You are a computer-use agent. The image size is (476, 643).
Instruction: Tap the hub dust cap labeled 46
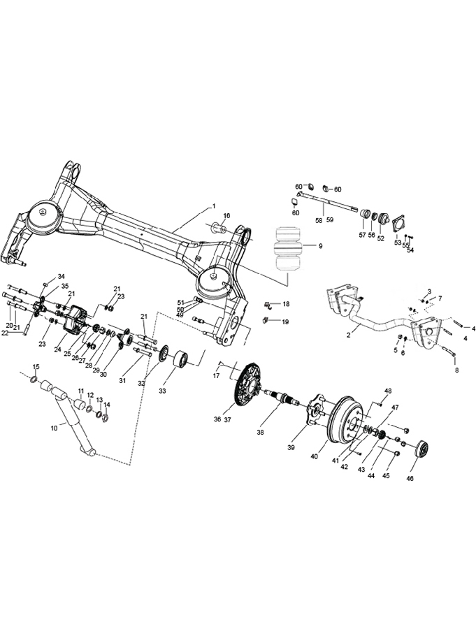(x=423, y=449)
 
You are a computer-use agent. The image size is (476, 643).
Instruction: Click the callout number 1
(x=214, y=206)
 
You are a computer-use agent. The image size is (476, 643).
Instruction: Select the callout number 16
(x=226, y=215)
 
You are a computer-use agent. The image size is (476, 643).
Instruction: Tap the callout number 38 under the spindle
(x=261, y=433)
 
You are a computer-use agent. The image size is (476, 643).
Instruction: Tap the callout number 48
(x=388, y=391)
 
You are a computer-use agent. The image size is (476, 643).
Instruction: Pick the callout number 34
(x=61, y=277)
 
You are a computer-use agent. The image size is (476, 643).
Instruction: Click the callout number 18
(x=286, y=305)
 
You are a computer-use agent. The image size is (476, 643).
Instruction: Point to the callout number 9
(x=320, y=246)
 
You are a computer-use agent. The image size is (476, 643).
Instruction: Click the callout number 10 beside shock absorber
(x=55, y=427)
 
